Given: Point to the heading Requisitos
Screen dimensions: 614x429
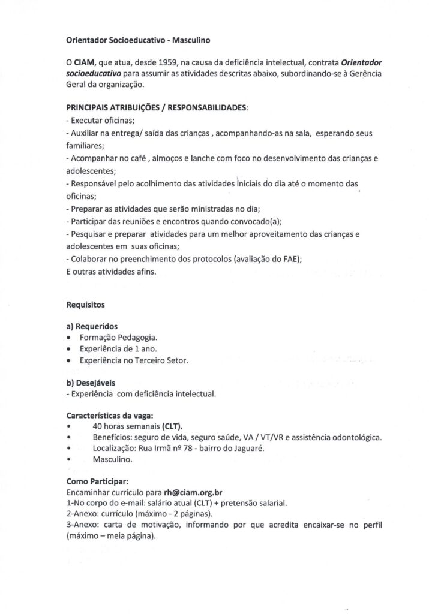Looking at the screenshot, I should (85, 305).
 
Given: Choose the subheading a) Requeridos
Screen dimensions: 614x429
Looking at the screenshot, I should (92, 327).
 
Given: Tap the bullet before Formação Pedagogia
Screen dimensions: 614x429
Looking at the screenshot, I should (71, 338).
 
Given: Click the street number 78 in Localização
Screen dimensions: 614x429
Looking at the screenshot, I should (186, 448).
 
